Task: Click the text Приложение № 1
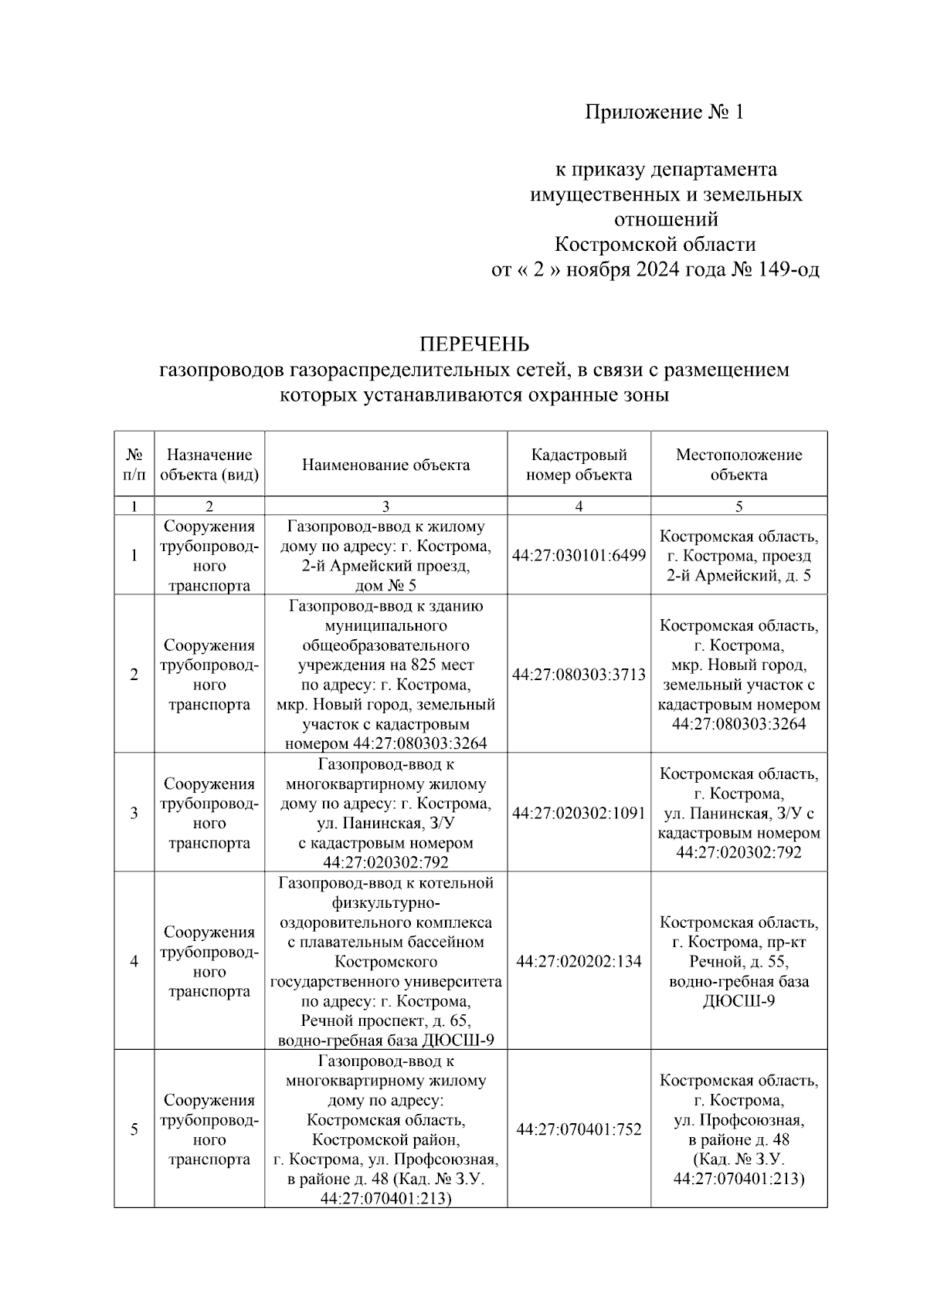[664, 113]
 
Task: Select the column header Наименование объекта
[385, 465]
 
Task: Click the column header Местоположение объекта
[739, 465]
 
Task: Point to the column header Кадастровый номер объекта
[579, 465]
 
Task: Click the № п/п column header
[134, 465]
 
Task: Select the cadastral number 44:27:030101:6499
[579, 556]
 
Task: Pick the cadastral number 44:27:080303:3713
[579, 675]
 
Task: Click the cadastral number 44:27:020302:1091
[579, 813]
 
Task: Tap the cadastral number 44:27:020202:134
[579, 961]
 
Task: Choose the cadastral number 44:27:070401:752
[579, 1129]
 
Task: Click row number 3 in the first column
[134, 813]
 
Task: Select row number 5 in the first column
[134, 1129]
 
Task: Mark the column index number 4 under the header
[579, 506]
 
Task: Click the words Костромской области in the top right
[655, 245]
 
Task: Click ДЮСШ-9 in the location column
[739, 1001]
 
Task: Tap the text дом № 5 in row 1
[385, 586]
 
